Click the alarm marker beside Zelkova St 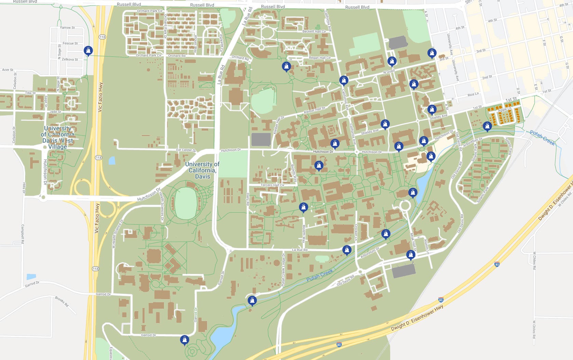(x=88, y=51)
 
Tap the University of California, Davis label (x=202, y=170)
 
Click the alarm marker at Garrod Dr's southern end (x=185, y=340)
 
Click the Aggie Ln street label (x=504, y=109)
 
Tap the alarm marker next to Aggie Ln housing (x=487, y=126)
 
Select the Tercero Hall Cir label (x=272, y=185)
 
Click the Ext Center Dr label (x=186, y=150)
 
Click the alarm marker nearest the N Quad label (x=392, y=61)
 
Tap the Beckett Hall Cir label (x=314, y=31)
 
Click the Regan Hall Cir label (x=319, y=58)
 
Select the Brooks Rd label (x=62, y=301)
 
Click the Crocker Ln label (x=356, y=232)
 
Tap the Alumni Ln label (x=426, y=246)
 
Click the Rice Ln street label (x=473, y=94)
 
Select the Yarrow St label (x=67, y=27)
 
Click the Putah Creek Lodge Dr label (x=283, y=270)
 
